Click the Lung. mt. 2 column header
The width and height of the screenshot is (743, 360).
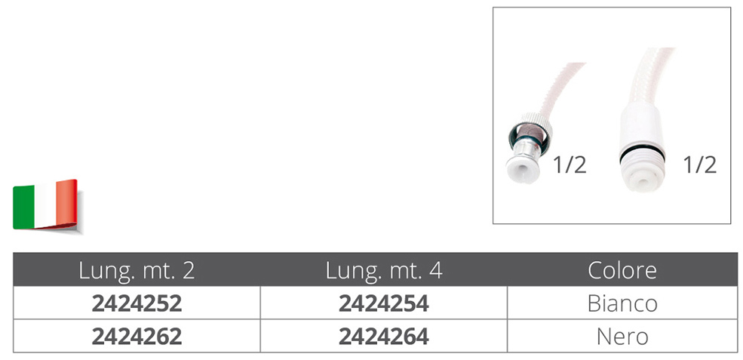tap(137, 270)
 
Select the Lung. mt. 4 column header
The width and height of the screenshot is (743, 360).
tap(384, 270)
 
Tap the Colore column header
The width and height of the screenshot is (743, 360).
tap(622, 270)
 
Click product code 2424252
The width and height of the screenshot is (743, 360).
tap(137, 303)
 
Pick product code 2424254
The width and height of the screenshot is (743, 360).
tap(384, 303)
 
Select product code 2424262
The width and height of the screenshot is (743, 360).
tap(137, 337)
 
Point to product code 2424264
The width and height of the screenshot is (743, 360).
tap(384, 337)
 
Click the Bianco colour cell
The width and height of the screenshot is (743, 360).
tap(622, 303)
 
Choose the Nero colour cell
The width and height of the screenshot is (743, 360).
tap(622, 337)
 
